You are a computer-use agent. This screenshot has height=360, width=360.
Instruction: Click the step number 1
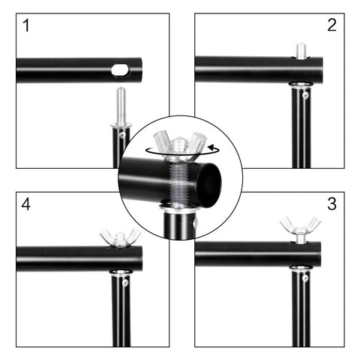(x=28, y=27)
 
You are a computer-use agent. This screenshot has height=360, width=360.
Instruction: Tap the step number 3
(x=331, y=203)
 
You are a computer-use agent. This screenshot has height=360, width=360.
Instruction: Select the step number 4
(x=28, y=203)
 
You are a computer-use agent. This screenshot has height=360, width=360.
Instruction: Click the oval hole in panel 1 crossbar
(x=120, y=70)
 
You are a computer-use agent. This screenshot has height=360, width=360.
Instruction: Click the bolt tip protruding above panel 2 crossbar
(x=301, y=50)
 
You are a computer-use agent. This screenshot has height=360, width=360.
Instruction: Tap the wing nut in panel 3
(x=300, y=226)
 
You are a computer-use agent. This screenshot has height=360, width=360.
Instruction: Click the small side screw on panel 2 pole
(x=305, y=95)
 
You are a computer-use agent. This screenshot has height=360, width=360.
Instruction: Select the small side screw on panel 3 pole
(x=305, y=279)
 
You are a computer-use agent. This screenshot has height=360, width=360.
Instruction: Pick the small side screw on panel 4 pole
(x=125, y=282)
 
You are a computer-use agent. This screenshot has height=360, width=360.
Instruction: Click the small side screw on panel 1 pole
(x=122, y=135)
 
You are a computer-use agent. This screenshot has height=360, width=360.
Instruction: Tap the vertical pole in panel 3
(x=300, y=315)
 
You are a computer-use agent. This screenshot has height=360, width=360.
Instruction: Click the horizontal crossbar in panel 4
(x=67, y=259)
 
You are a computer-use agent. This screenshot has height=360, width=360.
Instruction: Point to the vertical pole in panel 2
(x=300, y=135)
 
